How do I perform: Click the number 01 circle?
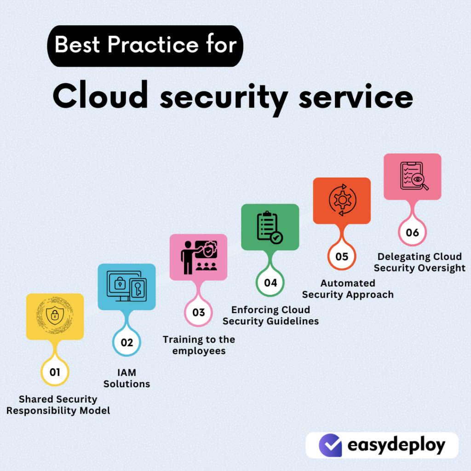pos(55,372)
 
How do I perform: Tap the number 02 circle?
pos(126,342)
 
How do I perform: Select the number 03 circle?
pos(198,313)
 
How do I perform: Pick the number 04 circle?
pos(270,282)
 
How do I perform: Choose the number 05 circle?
pos(342,256)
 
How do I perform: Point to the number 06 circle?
pos(413,232)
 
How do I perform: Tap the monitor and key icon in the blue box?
pos(126,286)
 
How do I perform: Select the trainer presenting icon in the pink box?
pos(198,257)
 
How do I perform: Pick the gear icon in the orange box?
pos(342,201)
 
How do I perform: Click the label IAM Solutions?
pos(126,379)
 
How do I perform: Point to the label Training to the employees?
pos(199,345)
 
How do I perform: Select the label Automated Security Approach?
pos(348,289)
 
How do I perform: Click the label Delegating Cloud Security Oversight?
pos(419,262)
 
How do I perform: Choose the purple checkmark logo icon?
pos(330,445)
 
